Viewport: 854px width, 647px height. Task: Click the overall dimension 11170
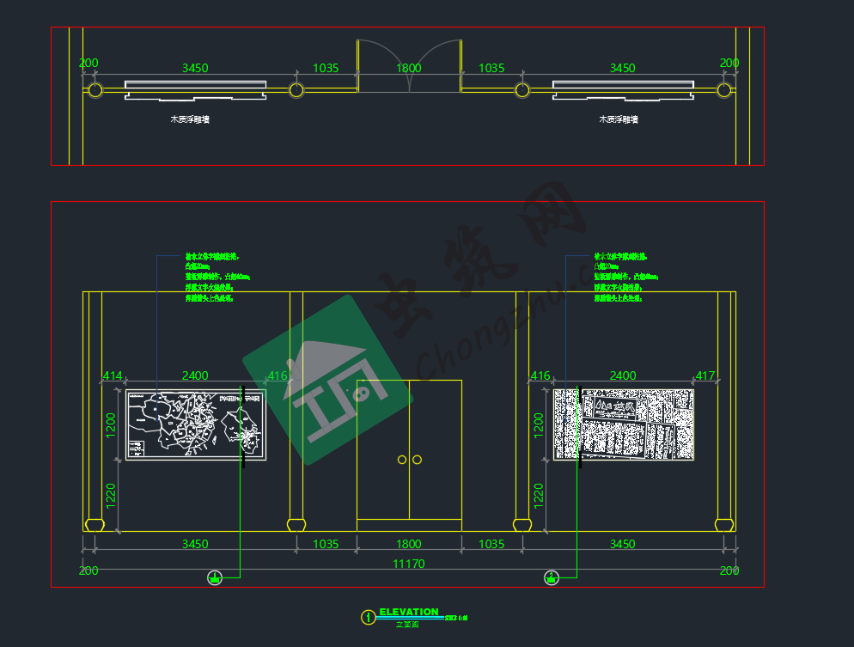(x=409, y=564)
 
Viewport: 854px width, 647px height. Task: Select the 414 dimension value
(x=113, y=375)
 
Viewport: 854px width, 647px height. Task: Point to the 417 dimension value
(x=705, y=375)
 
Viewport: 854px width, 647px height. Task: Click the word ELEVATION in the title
(x=409, y=612)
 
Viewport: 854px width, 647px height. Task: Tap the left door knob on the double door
(x=402, y=460)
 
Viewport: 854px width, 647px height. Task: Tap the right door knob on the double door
(x=418, y=460)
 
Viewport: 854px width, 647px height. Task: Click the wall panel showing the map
(x=196, y=424)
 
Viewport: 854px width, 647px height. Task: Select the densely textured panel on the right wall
(x=623, y=424)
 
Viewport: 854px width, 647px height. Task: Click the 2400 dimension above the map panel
(x=195, y=375)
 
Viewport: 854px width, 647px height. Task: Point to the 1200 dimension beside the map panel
(x=111, y=424)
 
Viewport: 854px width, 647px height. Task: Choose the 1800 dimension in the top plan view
(x=409, y=68)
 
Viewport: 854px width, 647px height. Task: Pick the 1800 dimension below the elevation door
(x=409, y=544)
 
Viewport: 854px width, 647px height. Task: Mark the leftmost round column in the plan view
(x=95, y=89)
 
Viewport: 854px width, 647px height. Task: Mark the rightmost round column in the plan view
(x=724, y=89)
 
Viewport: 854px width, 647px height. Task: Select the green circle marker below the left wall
(x=215, y=577)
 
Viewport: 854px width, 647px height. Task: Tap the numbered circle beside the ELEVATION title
(x=368, y=616)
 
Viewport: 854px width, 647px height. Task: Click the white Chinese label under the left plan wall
(x=190, y=119)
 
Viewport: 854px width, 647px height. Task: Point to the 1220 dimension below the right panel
(x=539, y=497)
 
